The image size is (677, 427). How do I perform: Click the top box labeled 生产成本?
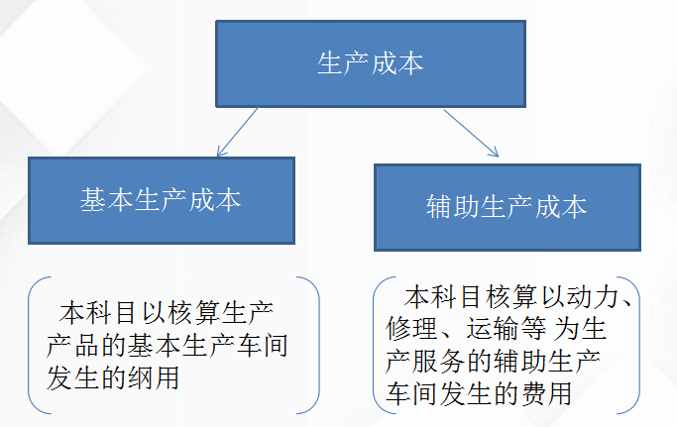pos(370,64)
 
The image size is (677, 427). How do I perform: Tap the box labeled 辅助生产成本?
pos(506,207)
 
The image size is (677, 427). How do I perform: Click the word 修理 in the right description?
pos(405,328)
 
